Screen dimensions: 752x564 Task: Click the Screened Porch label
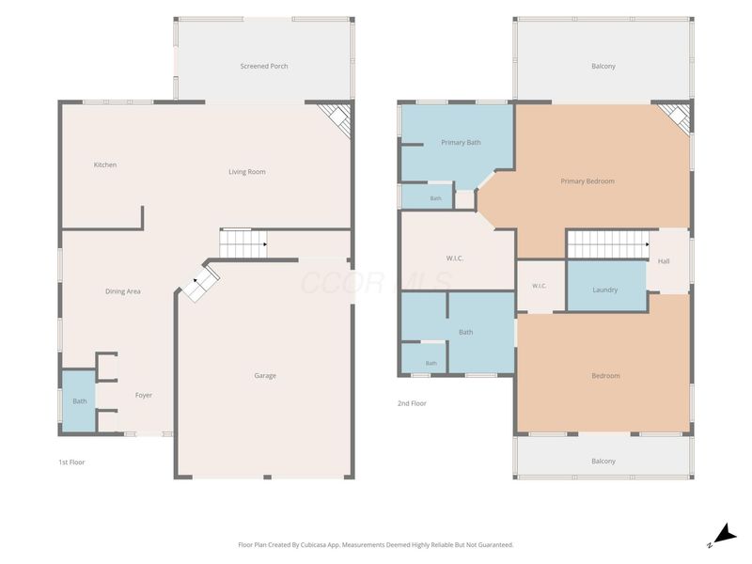pyautogui.click(x=264, y=66)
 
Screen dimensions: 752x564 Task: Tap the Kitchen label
pyautogui.click(x=105, y=164)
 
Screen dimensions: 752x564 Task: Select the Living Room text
pyautogui.click(x=247, y=172)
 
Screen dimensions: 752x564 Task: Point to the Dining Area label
pyautogui.click(x=123, y=291)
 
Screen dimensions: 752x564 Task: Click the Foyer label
pyautogui.click(x=144, y=395)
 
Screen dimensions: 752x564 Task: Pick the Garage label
pyautogui.click(x=265, y=375)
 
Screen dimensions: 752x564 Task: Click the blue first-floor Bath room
pyautogui.click(x=79, y=401)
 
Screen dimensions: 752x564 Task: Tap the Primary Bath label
pyautogui.click(x=461, y=143)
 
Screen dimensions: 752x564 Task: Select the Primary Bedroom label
pyautogui.click(x=587, y=181)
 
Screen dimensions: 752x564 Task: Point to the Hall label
pyautogui.click(x=664, y=261)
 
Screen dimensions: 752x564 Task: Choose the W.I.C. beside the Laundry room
pyautogui.click(x=539, y=286)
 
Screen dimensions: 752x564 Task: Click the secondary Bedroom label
pyautogui.click(x=605, y=375)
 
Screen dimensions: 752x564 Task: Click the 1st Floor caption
pyautogui.click(x=71, y=462)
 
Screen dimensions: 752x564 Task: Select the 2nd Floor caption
pyautogui.click(x=412, y=403)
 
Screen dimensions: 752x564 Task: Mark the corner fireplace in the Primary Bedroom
pyautogui.click(x=675, y=118)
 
